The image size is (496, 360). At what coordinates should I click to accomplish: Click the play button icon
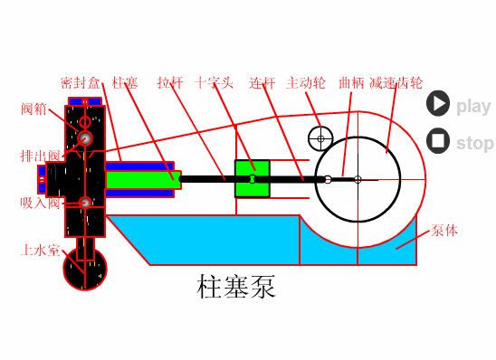coord(438,104)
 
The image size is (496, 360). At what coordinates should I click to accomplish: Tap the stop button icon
coord(438,141)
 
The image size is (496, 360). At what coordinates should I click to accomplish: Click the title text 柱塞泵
coord(236,288)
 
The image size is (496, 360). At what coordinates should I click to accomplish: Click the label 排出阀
coord(41,156)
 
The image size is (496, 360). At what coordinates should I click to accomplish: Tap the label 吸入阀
coord(41,202)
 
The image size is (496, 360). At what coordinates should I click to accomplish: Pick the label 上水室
coord(41,249)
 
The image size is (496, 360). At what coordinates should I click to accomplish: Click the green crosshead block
coord(253,178)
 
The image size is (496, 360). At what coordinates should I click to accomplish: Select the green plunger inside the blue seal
coord(139,179)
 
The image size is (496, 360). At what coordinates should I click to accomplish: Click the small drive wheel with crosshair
coord(320,138)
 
